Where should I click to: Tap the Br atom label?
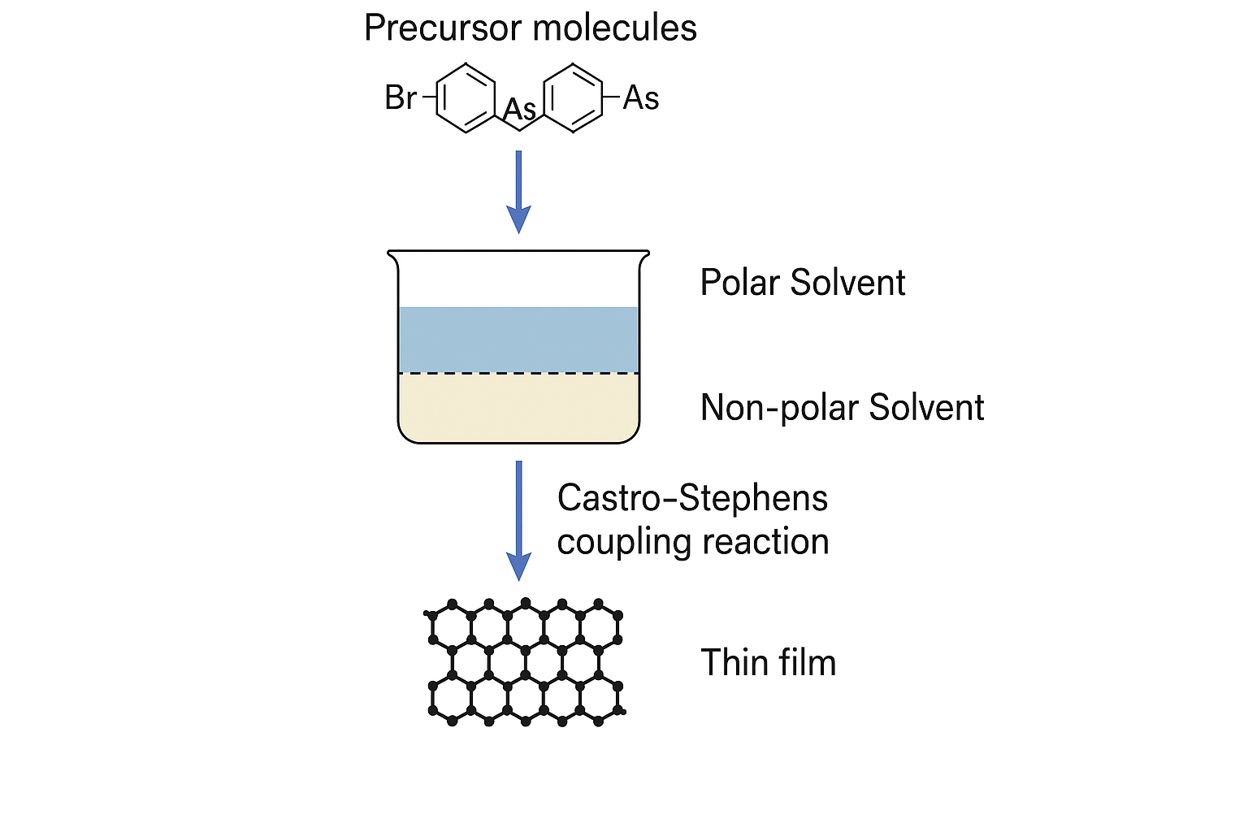click(x=401, y=97)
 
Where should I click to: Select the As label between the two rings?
click(x=519, y=109)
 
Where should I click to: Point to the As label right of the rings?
click(x=641, y=98)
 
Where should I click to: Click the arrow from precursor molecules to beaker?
click(x=518, y=192)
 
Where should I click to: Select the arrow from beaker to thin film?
click(x=518, y=521)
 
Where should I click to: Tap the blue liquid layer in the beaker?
click(x=518, y=340)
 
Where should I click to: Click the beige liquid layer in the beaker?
click(x=518, y=407)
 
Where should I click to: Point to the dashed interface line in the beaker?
click(x=518, y=373)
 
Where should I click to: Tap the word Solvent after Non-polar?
click(x=926, y=407)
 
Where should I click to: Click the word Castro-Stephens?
click(x=692, y=499)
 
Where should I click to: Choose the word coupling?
click(x=624, y=543)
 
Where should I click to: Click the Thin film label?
click(x=769, y=662)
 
